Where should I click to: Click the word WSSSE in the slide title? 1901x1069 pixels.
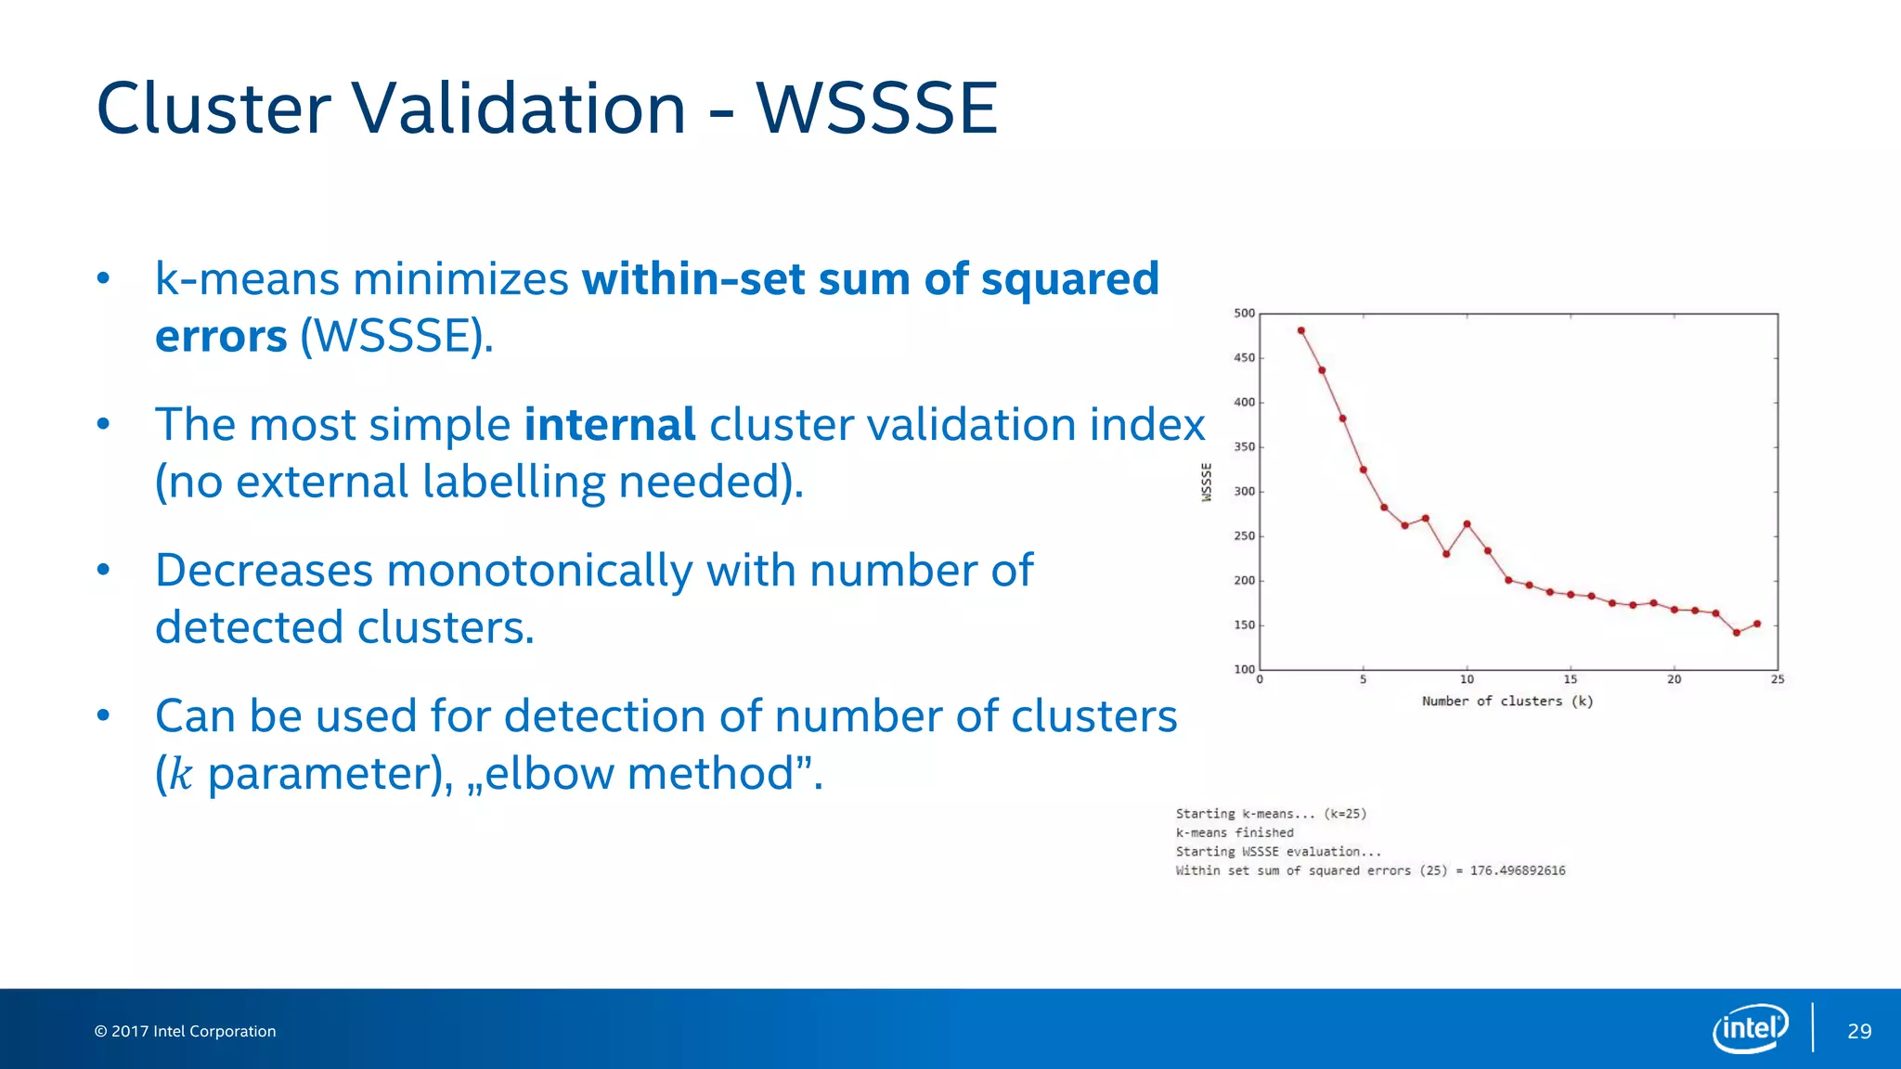[877, 109]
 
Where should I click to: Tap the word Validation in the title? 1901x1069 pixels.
[519, 109]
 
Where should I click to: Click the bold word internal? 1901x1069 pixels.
[610, 425]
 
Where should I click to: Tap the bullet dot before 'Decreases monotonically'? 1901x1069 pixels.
[104, 570]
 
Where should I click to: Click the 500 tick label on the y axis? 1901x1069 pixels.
[1244, 314]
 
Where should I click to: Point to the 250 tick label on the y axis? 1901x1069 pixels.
[1244, 536]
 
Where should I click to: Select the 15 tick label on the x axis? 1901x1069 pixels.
[1570, 680]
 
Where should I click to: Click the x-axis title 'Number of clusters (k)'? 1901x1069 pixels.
[1507, 702]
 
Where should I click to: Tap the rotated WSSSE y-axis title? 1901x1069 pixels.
[1207, 483]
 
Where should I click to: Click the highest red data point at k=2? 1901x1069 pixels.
[1300, 330]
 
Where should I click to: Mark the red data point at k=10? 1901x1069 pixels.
[1467, 524]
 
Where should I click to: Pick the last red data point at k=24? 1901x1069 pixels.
[1757, 624]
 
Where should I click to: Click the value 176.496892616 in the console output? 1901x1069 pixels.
[1518, 870]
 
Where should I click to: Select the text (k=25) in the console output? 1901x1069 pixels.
[1345, 814]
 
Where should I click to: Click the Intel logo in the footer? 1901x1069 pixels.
[1750, 1028]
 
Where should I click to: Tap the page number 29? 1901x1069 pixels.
[1859, 1032]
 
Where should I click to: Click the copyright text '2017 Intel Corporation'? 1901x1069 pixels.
[193, 1032]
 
